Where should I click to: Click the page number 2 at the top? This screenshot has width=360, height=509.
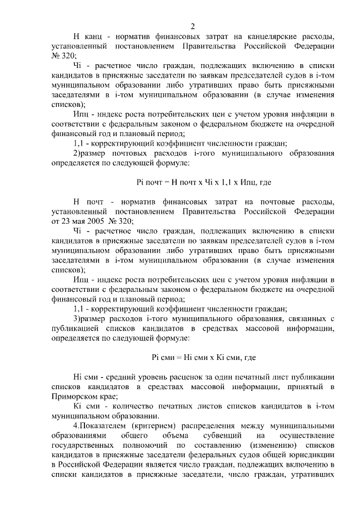tap(192, 26)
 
